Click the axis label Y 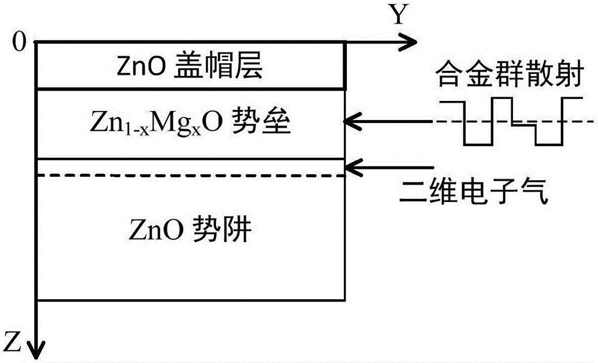click(398, 14)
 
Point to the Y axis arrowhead click(408, 41)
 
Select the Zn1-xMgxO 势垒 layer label click(190, 122)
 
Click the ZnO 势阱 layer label click(190, 230)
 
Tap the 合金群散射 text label click(510, 75)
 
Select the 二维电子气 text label click(474, 190)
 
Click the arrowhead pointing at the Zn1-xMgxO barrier click(352, 122)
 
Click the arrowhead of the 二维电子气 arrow click(352, 167)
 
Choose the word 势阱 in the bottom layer click(222, 230)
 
